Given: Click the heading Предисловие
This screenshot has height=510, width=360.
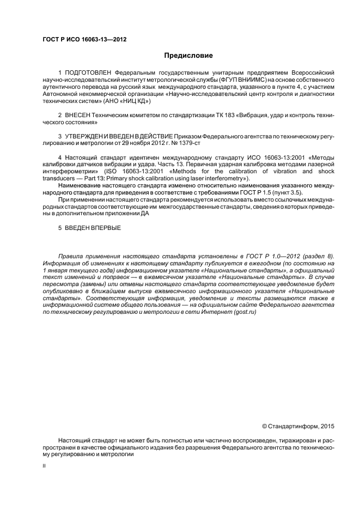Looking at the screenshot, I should point(188,56).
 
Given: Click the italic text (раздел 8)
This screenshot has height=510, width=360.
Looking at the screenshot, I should point(316,255).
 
